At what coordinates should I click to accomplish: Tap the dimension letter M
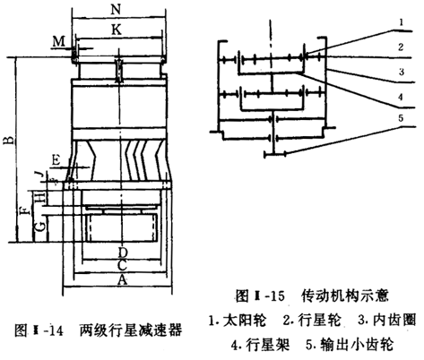coord(59,42)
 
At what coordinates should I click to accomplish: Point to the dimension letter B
coord(8,141)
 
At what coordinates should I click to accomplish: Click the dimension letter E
coord(57,159)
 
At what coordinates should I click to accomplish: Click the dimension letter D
coord(122,252)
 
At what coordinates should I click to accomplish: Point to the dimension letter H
coord(39,196)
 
